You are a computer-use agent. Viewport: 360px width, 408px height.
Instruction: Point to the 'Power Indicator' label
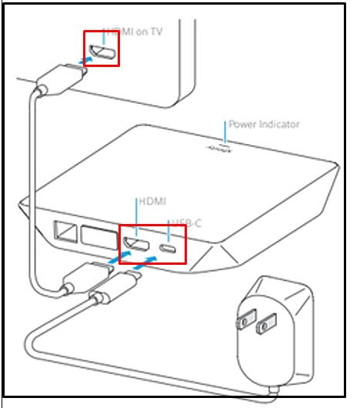(x=263, y=124)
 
